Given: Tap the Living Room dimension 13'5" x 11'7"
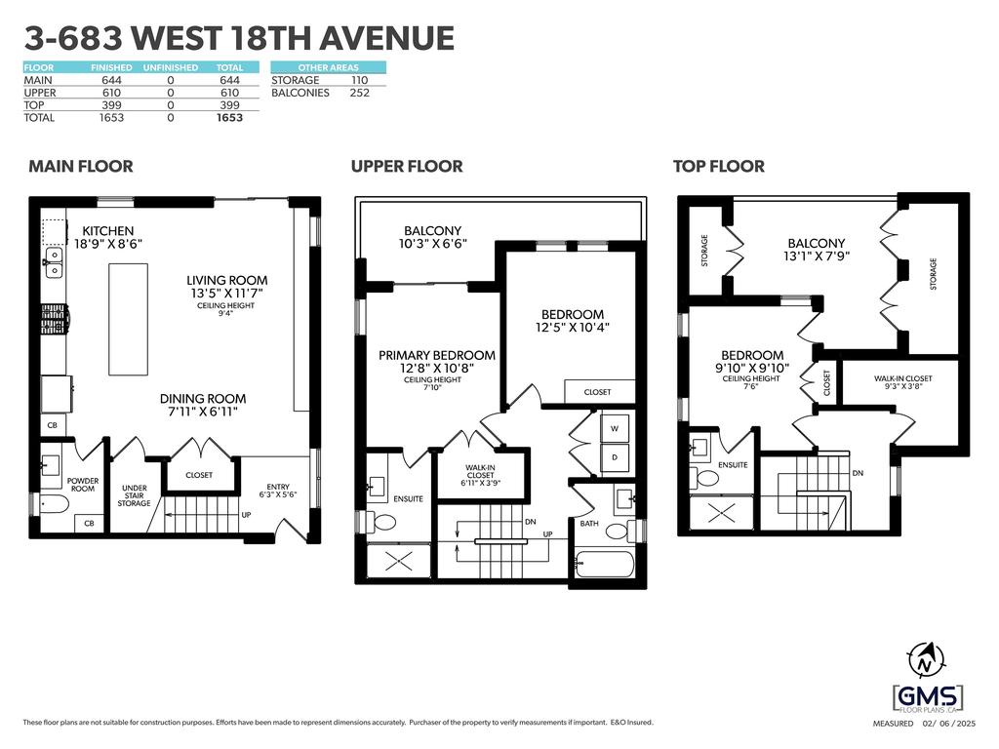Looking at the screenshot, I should (228, 293).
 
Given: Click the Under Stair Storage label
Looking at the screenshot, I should (135, 495).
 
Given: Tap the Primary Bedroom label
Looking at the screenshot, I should (436, 355).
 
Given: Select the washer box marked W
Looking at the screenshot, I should (615, 428).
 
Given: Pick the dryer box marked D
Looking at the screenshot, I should (615, 456).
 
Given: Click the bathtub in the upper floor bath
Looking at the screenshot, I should (604, 564).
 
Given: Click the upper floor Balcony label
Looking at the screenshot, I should (432, 231).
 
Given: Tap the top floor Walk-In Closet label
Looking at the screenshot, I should (902, 378).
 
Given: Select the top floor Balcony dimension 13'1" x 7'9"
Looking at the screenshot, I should (817, 258).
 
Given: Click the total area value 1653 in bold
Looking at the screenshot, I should (230, 118).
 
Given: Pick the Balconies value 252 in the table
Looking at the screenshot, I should (359, 93).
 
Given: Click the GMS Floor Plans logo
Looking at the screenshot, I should (927, 696).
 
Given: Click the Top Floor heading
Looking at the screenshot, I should (718, 167).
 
